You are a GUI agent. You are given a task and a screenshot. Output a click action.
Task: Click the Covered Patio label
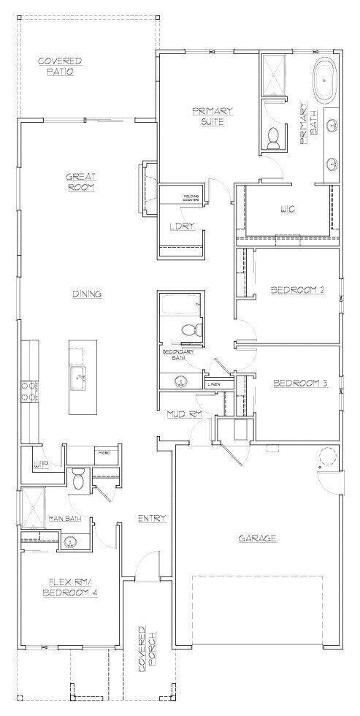(x=60, y=66)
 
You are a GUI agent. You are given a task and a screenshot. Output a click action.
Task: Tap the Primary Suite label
(x=212, y=115)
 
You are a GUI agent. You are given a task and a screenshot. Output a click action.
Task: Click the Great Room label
(x=81, y=180)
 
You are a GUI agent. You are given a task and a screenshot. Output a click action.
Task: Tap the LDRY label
(x=180, y=226)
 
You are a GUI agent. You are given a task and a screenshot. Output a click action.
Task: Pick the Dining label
(x=86, y=294)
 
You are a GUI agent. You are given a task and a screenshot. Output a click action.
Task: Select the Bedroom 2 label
(x=297, y=290)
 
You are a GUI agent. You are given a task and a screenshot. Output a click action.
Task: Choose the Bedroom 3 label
(x=299, y=383)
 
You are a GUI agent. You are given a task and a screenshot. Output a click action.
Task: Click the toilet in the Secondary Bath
(x=189, y=331)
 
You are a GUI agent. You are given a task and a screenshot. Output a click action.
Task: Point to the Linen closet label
(x=214, y=384)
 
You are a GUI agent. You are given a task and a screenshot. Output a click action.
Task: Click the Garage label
(x=258, y=538)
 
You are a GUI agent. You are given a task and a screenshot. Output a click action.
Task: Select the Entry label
(x=151, y=519)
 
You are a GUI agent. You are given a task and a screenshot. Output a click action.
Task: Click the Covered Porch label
(x=146, y=648)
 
